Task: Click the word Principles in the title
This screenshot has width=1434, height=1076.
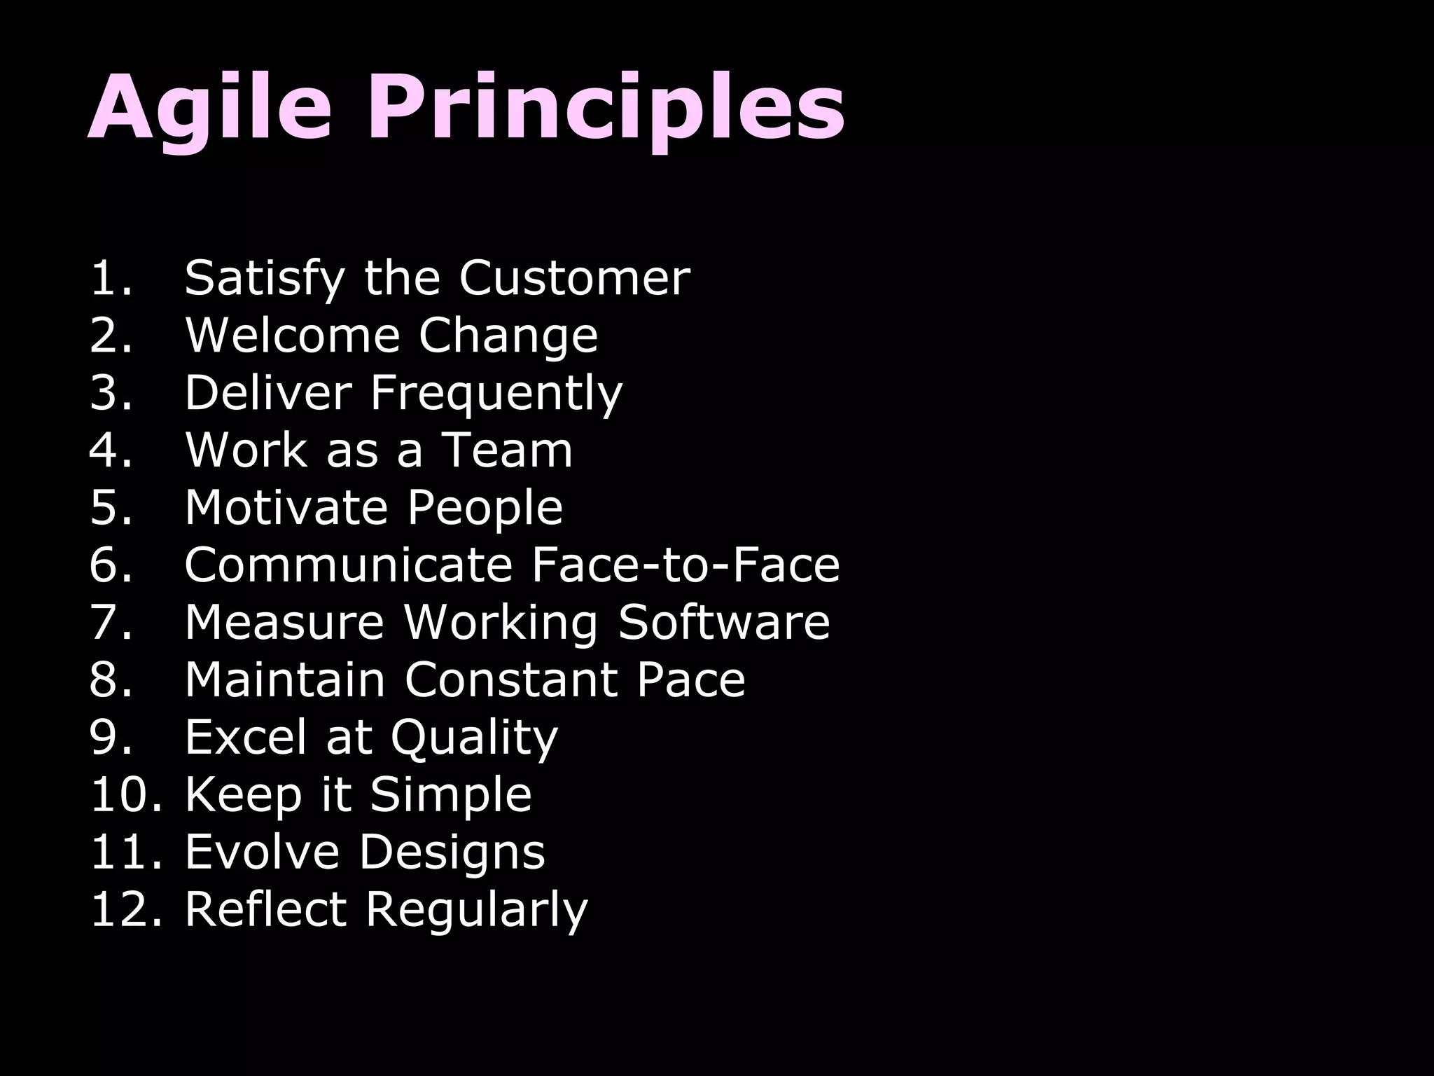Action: pos(608,109)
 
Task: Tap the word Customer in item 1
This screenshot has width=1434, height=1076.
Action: pos(574,278)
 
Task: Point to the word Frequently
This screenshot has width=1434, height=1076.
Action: pos(496,393)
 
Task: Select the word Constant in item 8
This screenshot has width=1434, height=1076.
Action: pos(510,680)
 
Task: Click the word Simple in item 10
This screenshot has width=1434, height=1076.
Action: pos(450,795)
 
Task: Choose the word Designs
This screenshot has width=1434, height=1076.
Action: pos(452,852)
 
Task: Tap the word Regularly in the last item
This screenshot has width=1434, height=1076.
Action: pos(476,910)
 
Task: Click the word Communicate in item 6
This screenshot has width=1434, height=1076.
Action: pos(348,565)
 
